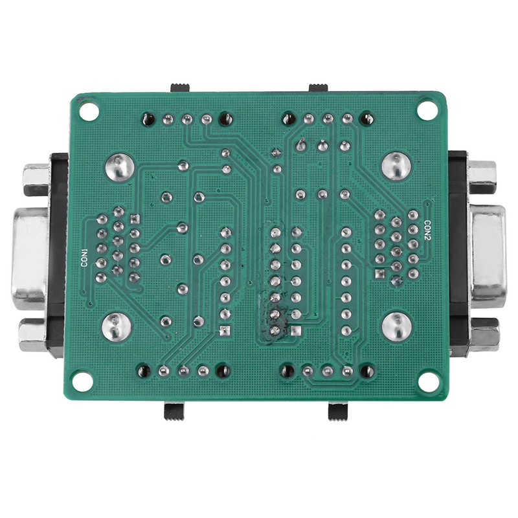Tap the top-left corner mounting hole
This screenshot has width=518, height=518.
tap(89, 110)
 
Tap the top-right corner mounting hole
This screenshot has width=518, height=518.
tap(426, 109)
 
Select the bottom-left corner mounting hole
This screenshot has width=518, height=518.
tap(82, 379)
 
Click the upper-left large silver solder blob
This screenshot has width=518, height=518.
tap(118, 167)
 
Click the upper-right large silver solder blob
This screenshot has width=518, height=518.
tap(396, 166)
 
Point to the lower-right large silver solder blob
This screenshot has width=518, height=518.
tap(396, 326)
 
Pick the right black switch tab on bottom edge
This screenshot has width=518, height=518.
tap(337, 412)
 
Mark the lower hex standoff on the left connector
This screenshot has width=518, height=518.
tap(32, 335)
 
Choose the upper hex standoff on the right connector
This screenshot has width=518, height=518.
tap(482, 176)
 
